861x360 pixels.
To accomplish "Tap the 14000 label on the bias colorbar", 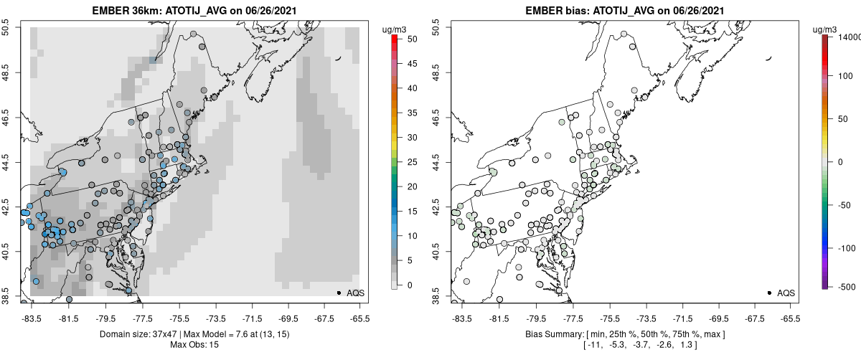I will pyautogui.click(x=849, y=37).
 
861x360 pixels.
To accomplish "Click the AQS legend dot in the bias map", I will pyautogui.click(x=769, y=293).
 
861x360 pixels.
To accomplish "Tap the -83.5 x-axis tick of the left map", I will pyautogui.click(x=31, y=317).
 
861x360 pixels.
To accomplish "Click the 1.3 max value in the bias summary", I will pyautogui.click(x=709, y=346).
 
